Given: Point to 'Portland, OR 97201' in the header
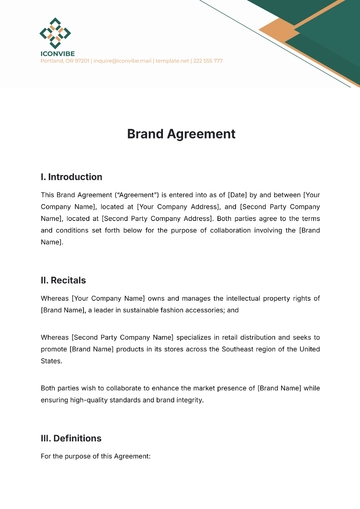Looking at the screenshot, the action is (x=65, y=61).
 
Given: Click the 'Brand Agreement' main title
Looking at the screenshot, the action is (x=181, y=133).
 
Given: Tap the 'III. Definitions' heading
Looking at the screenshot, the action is (x=71, y=438).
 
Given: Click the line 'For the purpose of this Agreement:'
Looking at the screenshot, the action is (x=95, y=456).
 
